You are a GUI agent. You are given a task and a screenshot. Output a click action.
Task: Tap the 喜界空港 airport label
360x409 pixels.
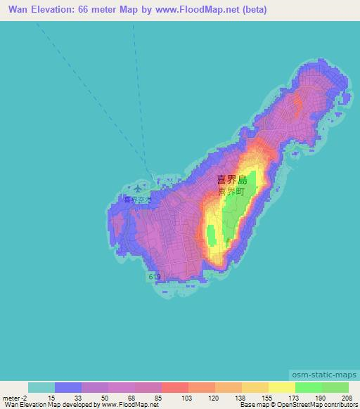point(137,200)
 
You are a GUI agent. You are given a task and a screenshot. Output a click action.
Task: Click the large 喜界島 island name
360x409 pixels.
point(231,181)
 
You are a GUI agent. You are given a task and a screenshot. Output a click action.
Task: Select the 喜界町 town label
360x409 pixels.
point(231,191)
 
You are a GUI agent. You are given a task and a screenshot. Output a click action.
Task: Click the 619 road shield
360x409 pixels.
point(154,278)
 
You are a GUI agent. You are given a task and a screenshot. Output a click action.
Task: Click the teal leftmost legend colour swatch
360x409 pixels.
point(41,387)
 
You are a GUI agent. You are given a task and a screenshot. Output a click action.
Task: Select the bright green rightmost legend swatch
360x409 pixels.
point(335,387)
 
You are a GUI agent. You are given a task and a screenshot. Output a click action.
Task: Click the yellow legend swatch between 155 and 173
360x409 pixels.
point(282,387)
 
